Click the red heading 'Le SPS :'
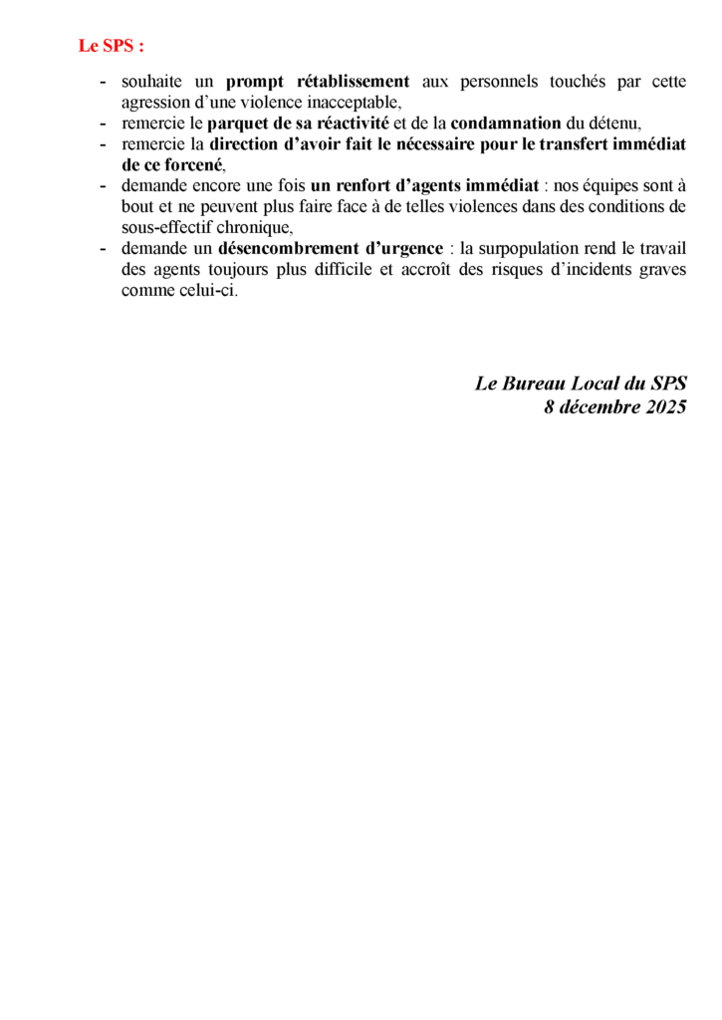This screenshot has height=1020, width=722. pos(112,46)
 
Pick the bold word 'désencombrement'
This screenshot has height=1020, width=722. pos(282,248)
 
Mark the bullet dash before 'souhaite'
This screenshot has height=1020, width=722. pos(104,82)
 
